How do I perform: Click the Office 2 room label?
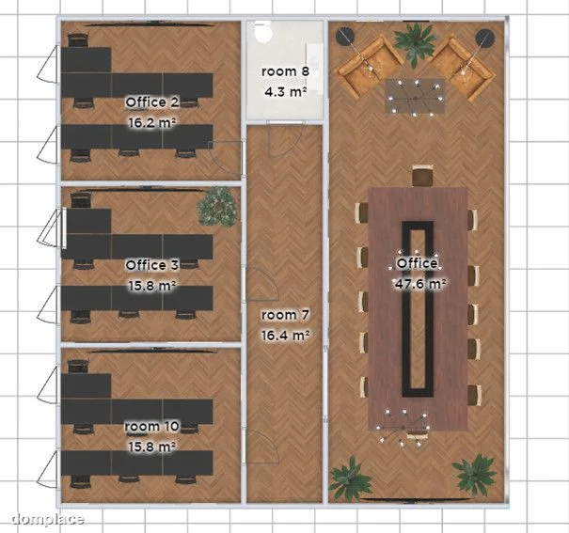coord(152,102)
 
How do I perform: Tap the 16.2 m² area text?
coord(152,122)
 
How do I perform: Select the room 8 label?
coord(285,71)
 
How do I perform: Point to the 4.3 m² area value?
coord(285,92)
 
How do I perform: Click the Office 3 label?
coord(152,265)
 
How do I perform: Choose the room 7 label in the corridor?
coord(285,315)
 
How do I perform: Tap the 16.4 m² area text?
coord(285,336)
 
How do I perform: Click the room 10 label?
coord(152,427)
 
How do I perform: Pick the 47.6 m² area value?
coord(420,284)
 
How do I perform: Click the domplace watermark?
coord(48,519)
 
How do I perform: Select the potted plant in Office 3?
coord(218,207)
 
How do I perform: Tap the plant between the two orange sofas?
coord(416,44)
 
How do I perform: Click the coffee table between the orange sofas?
coord(415,96)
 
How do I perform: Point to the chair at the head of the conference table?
coord(423,176)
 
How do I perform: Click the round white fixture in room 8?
coord(262,31)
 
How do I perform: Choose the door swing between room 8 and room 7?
coord(285,140)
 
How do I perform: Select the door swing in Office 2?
coord(226,158)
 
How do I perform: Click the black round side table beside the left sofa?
coord(345,37)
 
